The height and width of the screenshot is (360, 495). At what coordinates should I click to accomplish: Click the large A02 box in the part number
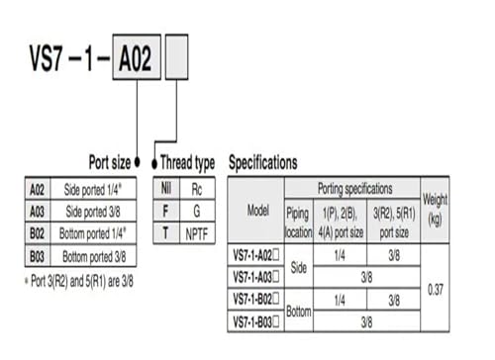[137, 57]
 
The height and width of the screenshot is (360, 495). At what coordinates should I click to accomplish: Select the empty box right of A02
[176, 57]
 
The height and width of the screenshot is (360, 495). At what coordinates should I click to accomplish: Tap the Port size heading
[110, 162]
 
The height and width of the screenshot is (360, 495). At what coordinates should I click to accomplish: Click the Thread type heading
[187, 163]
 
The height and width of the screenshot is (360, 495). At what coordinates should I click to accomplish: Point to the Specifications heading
[263, 162]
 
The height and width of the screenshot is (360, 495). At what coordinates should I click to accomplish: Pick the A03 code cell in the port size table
[38, 212]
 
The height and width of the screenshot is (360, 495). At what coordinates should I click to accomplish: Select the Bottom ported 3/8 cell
[94, 256]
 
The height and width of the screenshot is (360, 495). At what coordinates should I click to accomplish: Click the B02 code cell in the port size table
[38, 233]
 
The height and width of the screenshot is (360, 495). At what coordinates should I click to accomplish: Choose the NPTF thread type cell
[197, 234]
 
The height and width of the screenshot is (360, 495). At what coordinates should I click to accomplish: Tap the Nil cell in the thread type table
[166, 189]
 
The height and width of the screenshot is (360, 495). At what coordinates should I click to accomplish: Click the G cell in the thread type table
[197, 211]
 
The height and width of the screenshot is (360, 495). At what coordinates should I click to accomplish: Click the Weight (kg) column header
[435, 210]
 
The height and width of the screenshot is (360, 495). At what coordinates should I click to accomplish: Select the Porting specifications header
[354, 189]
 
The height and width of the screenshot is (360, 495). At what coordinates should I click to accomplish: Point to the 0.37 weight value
[436, 290]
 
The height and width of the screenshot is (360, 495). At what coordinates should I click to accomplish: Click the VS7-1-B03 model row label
[255, 321]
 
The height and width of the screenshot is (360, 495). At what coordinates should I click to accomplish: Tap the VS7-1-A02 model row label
[255, 255]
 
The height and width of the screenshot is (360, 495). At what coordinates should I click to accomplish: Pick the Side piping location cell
[299, 267]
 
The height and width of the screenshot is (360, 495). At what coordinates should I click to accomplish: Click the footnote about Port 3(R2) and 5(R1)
[79, 281]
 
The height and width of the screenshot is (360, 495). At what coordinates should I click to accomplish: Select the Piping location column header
[299, 222]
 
